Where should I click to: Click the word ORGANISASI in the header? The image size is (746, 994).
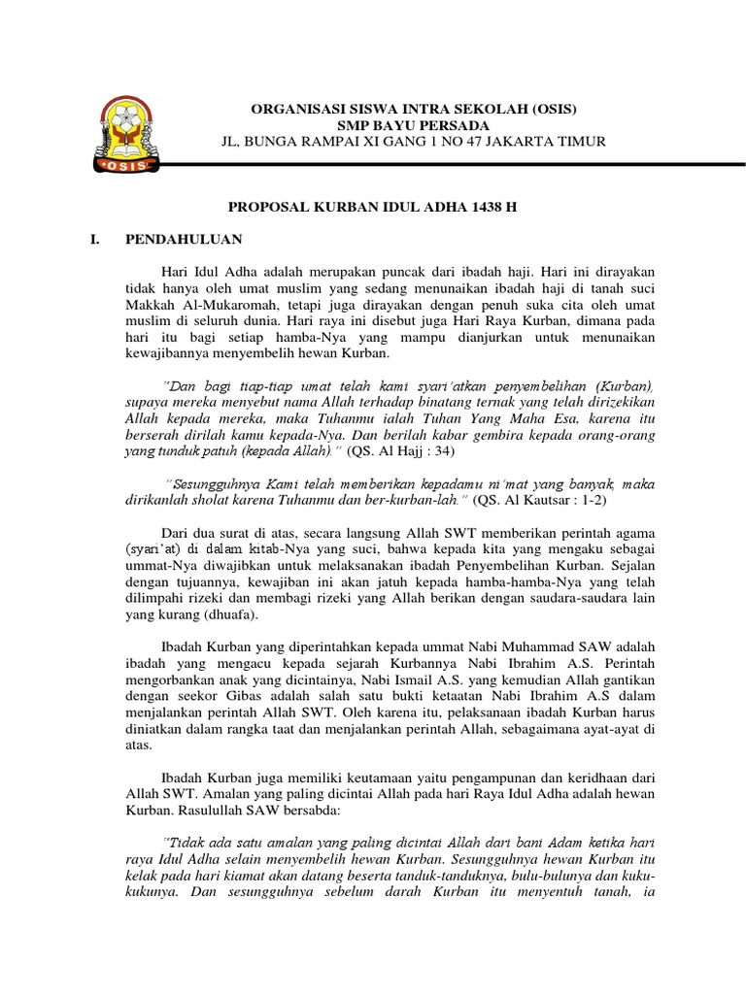[297, 107]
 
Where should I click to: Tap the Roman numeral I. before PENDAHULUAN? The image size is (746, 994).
[94, 238]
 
